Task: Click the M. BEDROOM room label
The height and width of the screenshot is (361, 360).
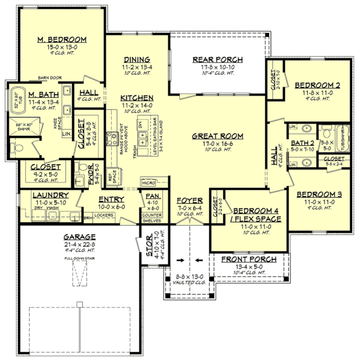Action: point(61,40)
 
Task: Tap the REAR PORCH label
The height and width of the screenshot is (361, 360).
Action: point(217,59)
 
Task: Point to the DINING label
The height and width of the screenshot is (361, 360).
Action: point(137,59)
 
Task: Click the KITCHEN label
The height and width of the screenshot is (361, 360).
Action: point(136,97)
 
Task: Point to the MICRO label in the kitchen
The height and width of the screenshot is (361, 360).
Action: point(148,181)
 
